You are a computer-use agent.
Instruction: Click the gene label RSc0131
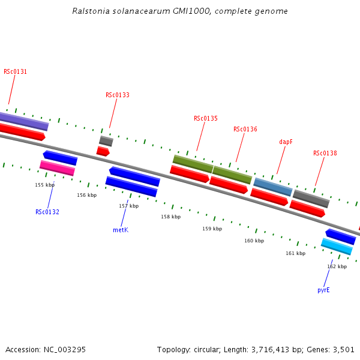point(15,71)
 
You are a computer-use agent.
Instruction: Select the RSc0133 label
point(118,95)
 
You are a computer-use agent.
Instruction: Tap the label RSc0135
point(206,118)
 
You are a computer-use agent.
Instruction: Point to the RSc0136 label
point(245,129)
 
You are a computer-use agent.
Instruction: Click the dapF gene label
point(286,142)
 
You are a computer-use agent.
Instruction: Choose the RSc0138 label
point(325,153)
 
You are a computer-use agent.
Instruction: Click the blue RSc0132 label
point(47,212)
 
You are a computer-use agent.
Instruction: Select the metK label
point(121,230)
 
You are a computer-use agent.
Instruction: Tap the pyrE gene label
point(323,290)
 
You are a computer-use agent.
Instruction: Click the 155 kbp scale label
point(45,185)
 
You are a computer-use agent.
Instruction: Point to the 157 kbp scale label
point(128,206)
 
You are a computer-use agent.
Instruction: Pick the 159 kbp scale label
point(212,229)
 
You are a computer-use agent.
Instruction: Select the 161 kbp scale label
point(295,253)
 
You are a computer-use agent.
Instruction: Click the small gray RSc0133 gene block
point(106,141)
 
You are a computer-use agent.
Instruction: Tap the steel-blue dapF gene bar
point(273,187)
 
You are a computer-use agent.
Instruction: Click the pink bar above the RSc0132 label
point(58,168)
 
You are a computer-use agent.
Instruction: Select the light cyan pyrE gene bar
point(337,246)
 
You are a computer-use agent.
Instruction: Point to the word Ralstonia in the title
point(90,11)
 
